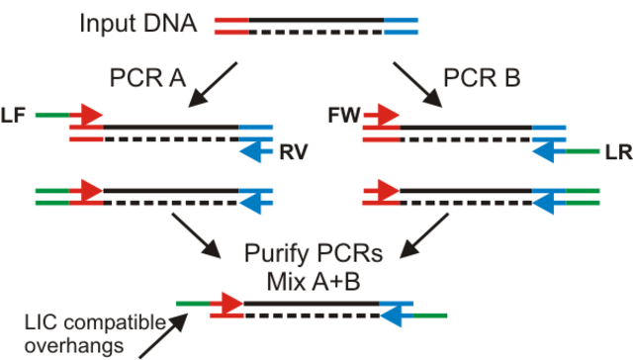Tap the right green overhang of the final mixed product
427,315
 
